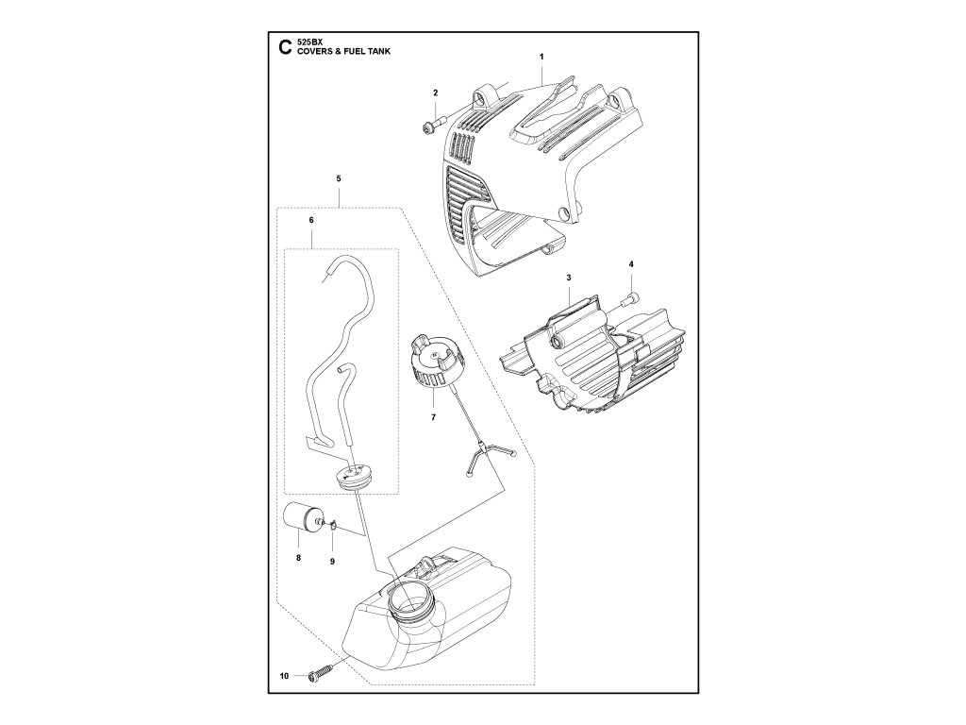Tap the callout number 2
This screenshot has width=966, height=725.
[x=435, y=93]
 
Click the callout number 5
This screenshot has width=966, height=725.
[x=339, y=178]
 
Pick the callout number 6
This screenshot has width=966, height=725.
[x=311, y=220]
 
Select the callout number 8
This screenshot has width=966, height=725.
[x=298, y=559]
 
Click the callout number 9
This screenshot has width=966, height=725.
[x=332, y=562]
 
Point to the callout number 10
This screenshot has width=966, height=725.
[x=284, y=675]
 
